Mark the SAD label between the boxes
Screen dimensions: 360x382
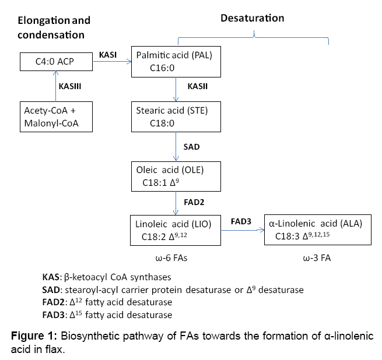pyautogui.click(x=191, y=147)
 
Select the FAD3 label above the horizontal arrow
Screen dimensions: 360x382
pyautogui.click(x=241, y=221)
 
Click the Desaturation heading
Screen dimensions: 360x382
pyautogui.click(x=252, y=18)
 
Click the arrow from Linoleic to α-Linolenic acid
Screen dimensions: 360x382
pyautogui.click(x=242, y=231)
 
